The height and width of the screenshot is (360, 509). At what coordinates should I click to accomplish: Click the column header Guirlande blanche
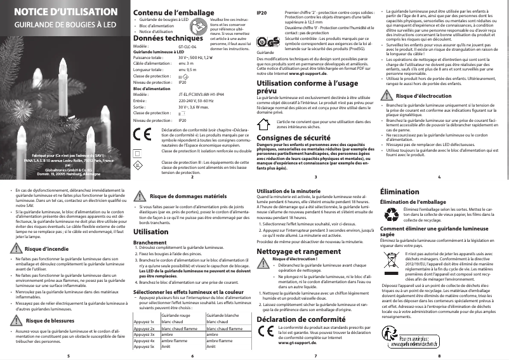pos(225,298)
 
